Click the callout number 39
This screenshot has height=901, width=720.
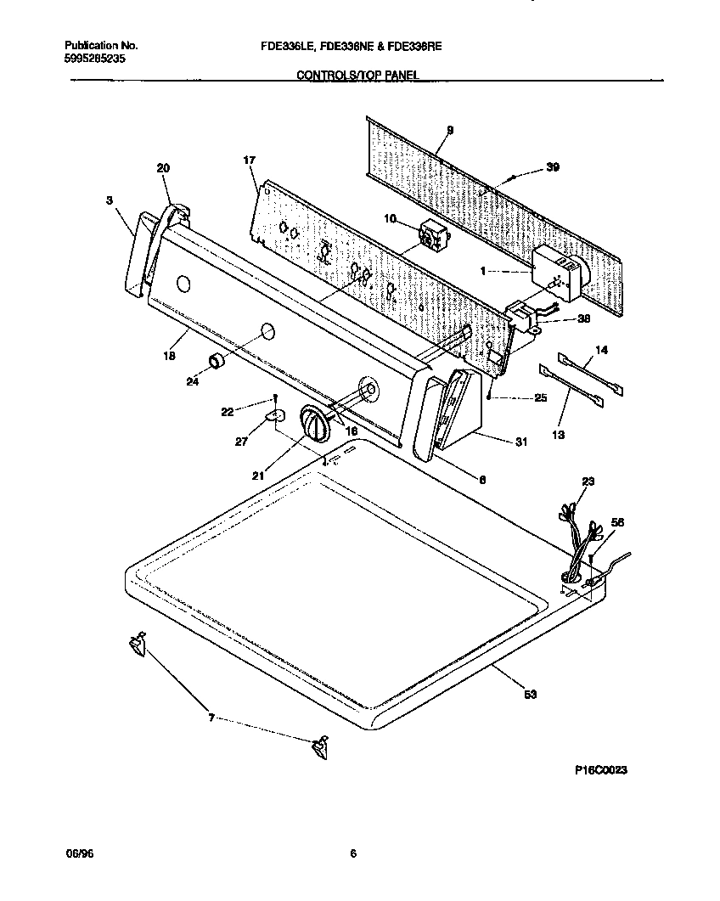(552, 167)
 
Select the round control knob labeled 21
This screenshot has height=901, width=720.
(315, 423)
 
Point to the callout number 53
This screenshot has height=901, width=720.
(530, 695)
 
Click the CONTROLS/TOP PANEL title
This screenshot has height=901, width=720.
(357, 76)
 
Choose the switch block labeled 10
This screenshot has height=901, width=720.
(433, 233)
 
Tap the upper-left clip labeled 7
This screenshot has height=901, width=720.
(137, 645)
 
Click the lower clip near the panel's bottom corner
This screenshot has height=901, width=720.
(319, 747)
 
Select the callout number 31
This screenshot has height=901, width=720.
(520, 442)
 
